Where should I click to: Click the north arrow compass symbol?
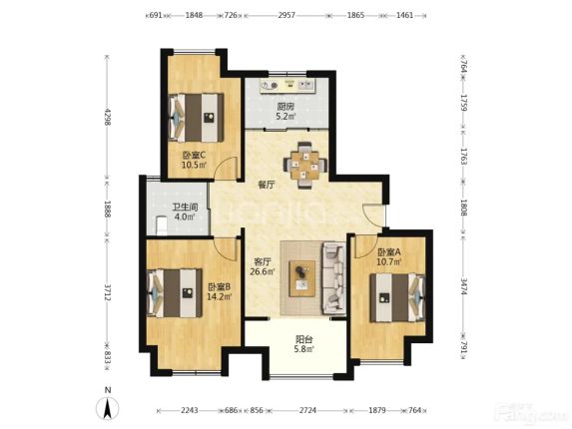coord(107,408)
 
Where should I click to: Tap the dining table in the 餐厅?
coord(305,165)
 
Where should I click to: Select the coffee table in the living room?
coord(302,278)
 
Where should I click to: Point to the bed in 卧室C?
coord(196,118)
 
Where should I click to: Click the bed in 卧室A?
coord(397,297)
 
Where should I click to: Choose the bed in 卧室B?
coord(175,293)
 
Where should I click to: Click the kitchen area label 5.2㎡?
coord(286,117)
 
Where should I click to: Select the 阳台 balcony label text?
coord(303,339)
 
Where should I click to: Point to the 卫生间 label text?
coord(185,208)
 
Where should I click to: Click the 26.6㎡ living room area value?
coord(263,271)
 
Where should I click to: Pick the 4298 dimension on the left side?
coord(107,117)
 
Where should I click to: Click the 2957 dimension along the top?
coord(286,15)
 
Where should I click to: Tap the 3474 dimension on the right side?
coord(463,286)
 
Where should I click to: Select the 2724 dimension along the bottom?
coord(308,410)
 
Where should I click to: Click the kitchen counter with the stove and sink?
coord(287,85)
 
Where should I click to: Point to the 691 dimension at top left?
coord(156,15)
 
